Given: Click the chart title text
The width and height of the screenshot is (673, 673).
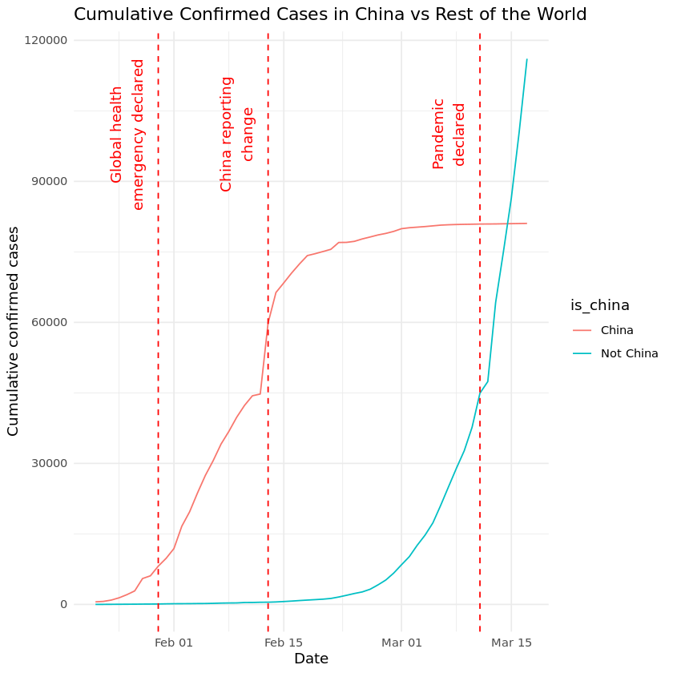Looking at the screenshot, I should click(330, 14).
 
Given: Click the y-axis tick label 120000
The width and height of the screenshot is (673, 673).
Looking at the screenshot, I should click(49, 40).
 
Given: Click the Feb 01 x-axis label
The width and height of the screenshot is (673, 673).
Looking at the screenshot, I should click(174, 642).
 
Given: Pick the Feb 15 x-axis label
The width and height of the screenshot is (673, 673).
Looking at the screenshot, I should click(284, 642).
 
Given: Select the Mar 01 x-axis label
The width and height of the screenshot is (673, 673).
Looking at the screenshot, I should click(401, 642).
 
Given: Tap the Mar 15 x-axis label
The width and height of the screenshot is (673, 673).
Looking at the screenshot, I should click(511, 642).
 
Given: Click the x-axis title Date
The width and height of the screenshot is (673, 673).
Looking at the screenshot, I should click(311, 659).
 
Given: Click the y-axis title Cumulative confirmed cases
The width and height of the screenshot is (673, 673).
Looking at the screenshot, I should click(14, 331).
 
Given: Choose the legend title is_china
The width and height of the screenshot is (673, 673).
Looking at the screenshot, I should click(599, 305).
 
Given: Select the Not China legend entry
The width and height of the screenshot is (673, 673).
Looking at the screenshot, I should click(629, 353).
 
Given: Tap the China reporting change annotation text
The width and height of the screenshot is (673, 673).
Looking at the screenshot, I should click(237, 134).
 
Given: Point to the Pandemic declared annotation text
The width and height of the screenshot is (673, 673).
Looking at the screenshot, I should click(449, 134).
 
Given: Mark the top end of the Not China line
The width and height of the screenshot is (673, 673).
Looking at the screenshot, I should click(526, 59).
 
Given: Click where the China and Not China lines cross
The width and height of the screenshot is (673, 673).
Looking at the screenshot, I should click(507, 224).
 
